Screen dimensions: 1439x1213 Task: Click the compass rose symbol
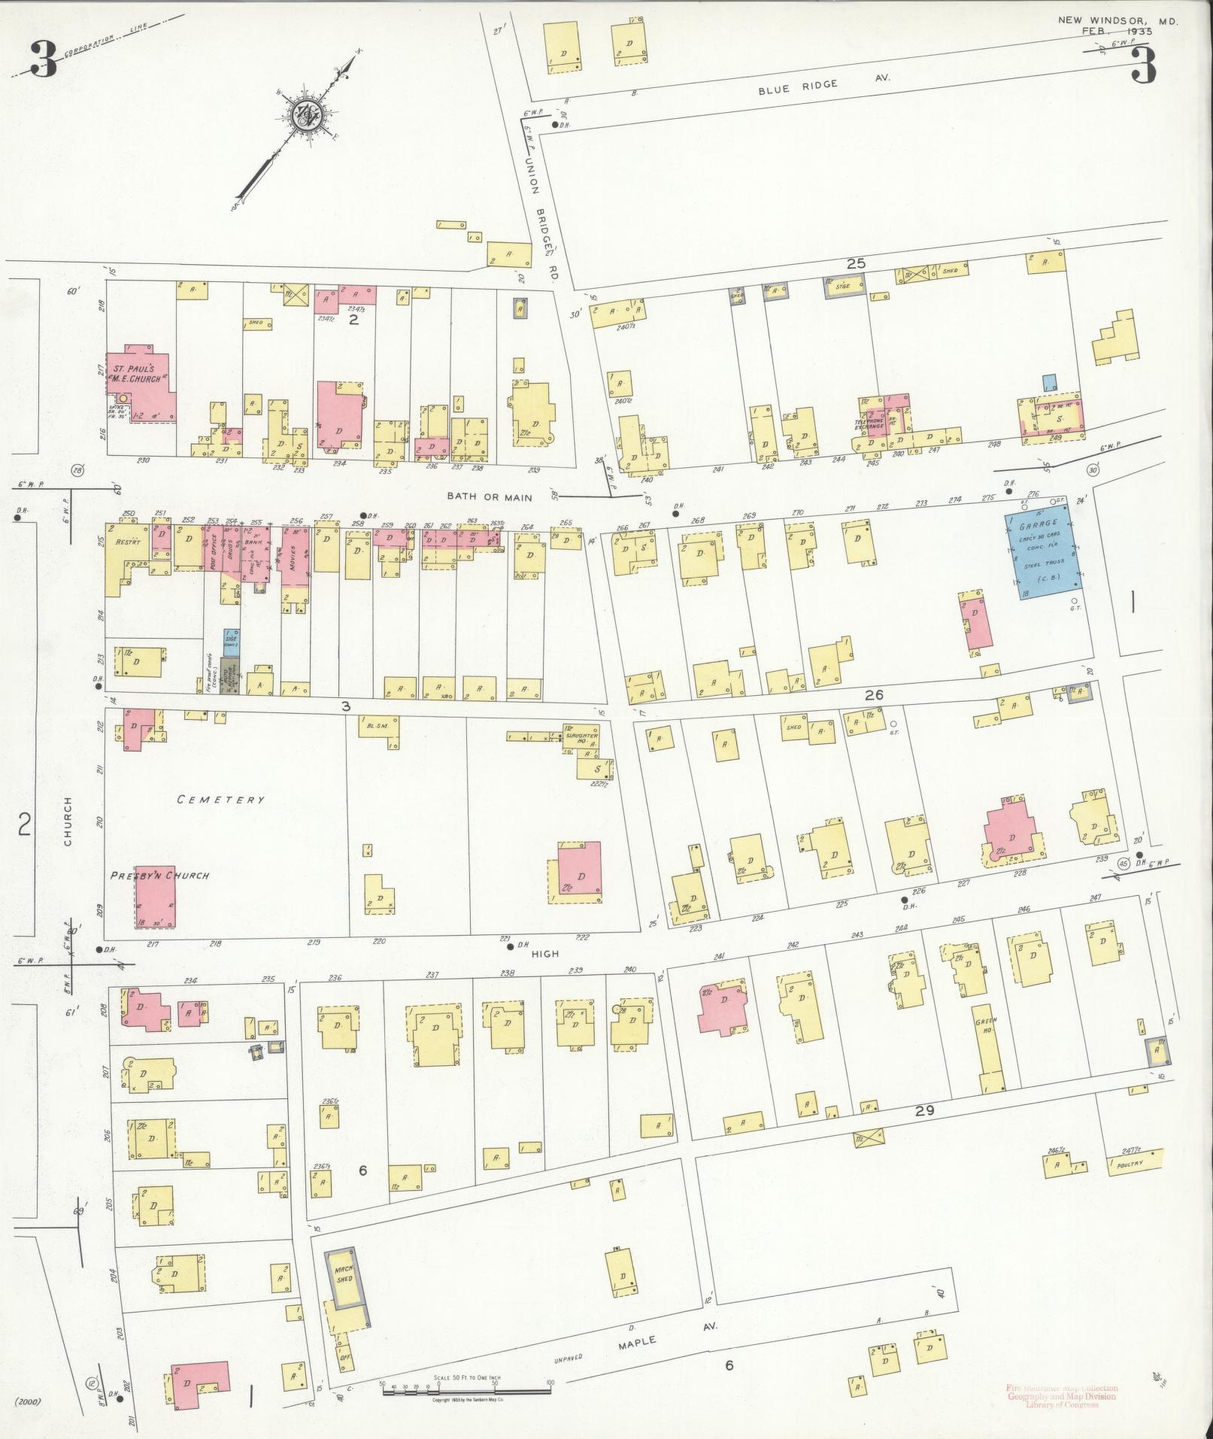pos(309,114)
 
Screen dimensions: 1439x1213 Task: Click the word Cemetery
pos(220,800)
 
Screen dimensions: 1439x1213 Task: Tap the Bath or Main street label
pos(490,496)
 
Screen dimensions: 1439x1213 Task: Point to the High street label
pos(545,953)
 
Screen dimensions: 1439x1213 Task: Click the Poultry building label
pos(1131,1164)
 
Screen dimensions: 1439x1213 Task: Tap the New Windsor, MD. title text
pos(1117,22)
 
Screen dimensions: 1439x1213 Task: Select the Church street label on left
pos(67,821)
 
